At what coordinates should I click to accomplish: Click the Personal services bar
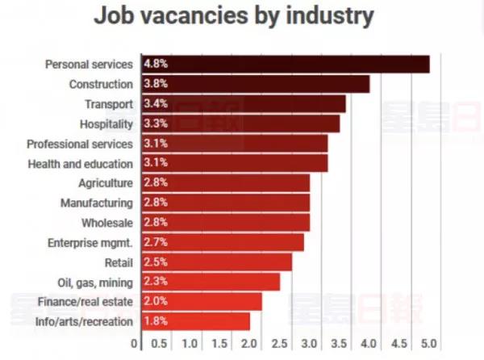click(x=285, y=64)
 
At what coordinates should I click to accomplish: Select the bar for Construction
click(x=255, y=84)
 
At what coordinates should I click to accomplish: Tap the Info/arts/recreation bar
click(x=195, y=321)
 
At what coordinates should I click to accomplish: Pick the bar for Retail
click(x=216, y=262)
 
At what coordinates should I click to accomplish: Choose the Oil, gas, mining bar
click(x=211, y=282)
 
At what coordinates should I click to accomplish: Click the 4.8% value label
click(x=155, y=64)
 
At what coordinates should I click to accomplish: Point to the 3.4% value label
click(x=155, y=104)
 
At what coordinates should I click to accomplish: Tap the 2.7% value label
click(x=155, y=242)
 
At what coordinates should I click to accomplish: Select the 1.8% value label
click(x=155, y=321)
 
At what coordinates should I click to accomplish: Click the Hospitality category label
click(x=106, y=123)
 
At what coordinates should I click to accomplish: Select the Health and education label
click(x=80, y=163)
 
